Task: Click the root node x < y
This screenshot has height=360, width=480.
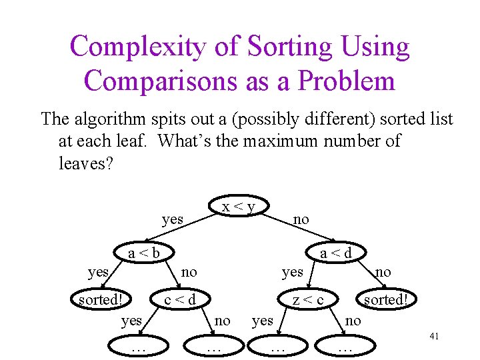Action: [239, 207]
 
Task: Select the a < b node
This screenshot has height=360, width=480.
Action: [144, 253]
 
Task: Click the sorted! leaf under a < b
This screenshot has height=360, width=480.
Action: [101, 299]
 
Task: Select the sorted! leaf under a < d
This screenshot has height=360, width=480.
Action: [385, 299]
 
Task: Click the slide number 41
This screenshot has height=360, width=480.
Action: [434, 337]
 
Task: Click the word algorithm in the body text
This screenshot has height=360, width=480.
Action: [107, 119]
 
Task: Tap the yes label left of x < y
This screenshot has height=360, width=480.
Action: [172, 219]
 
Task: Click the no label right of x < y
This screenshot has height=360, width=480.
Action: [301, 219]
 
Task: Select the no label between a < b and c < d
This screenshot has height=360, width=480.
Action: [189, 271]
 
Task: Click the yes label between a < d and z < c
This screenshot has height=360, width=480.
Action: [292, 271]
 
